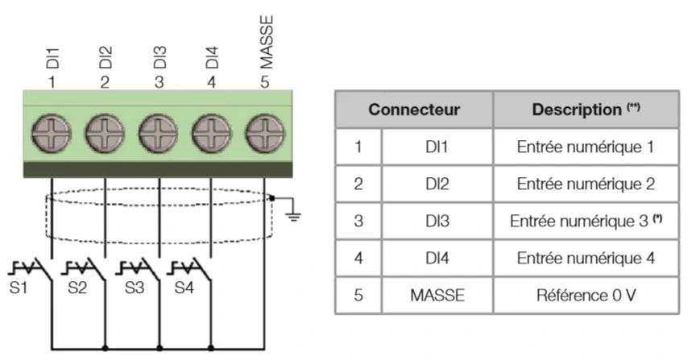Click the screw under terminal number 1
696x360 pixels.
(52, 133)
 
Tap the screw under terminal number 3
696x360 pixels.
(158, 133)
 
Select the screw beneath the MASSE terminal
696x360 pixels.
(265, 133)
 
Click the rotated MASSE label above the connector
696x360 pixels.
(266, 43)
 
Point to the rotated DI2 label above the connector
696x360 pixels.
(106, 57)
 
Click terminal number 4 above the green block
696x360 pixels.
(211, 82)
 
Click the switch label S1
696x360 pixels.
(19, 288)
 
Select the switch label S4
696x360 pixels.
(184, 288)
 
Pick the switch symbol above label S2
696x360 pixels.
(84, 269)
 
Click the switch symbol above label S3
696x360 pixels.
(138, 269)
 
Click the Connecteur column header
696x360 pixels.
(414, 110)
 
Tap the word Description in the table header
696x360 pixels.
(577, 110)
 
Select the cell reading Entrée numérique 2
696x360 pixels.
(586, 184)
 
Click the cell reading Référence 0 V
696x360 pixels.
(586, 296)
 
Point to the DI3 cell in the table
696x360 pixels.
(437, 221)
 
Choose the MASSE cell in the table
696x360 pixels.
(437, 296)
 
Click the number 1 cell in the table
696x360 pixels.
(358, 147)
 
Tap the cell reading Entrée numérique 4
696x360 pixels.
(586, 259)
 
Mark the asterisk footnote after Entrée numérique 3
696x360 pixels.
(657, 218)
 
